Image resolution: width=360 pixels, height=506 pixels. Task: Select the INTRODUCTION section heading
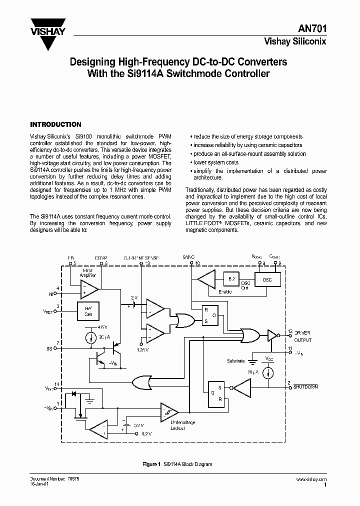coord(55,124)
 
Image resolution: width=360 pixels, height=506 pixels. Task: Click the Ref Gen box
coord(88,310)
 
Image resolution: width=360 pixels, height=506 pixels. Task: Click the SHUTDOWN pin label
coord(305,387)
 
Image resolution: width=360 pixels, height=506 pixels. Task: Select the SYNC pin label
coord(188,257)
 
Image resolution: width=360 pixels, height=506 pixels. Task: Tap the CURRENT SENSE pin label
coord(141,257)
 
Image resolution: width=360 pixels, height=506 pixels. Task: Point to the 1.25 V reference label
coord(144,349)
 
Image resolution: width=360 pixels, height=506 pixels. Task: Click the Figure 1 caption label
coord(151,464)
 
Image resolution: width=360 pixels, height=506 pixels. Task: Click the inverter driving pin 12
coord(272,335)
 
